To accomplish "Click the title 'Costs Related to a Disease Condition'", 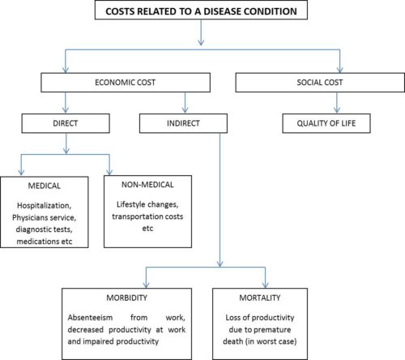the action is (x=201, y=11).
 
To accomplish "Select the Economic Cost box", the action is (x=126, y=83).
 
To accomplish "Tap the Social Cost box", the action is (x=320, y=83).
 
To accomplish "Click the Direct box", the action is (x=66, y=123).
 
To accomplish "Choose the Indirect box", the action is (x=183, y=123).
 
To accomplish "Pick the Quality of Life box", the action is (x=326, y=123).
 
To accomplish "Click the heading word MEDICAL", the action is (x=45, y=186).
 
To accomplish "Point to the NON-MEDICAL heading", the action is (x=147, y=185).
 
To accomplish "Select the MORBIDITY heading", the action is (x=127, y=298).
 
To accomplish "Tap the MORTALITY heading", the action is (x=260, y=298).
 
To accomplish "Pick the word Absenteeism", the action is (x=90, y=317).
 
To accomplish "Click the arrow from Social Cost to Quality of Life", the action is (x=337, y=102).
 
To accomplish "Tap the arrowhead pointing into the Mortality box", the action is (x=266, y=285).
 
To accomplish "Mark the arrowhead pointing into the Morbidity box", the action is (x=146, y=285).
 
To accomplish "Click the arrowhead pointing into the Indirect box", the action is (x=185, y=109).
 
